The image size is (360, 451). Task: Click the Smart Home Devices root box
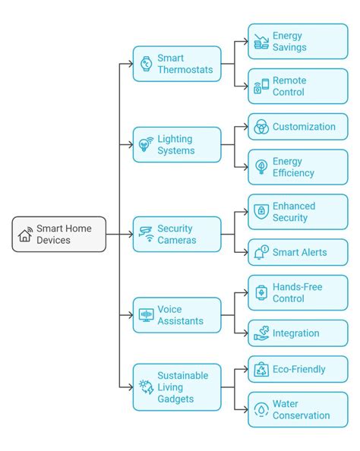click(x=59, y=234)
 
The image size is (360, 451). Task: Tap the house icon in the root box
click(x=25, y=235)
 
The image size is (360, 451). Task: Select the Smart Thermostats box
click(x=177, y=64)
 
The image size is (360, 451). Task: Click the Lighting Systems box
click(x=177, y=144)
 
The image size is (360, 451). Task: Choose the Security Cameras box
click(x=177, y=234)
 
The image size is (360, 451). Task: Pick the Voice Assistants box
click(x=177, y=315)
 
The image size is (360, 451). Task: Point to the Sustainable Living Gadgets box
click(x=177, y=388)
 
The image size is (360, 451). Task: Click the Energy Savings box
click(x=298, y=42)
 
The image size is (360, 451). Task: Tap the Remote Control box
click(x=298, y=86)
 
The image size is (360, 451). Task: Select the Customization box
click(x=298, y=127)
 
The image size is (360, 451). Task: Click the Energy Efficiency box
click(x=298, y=167)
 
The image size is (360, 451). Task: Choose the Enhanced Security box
click(x=298, y=212)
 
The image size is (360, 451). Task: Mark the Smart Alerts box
click(x=298, y=252)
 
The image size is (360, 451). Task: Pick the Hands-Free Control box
click(x=298, y=292)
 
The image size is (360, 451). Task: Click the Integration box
click(x=298, y=333)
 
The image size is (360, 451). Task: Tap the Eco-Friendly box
click(x=298, y=369)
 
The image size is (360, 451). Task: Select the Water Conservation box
click(x=298, y=409)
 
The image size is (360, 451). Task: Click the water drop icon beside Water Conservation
click(x=261, y=410)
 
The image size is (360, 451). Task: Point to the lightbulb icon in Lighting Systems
click(x=145, y=145)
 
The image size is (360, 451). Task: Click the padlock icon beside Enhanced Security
click(x=261, y=212)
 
